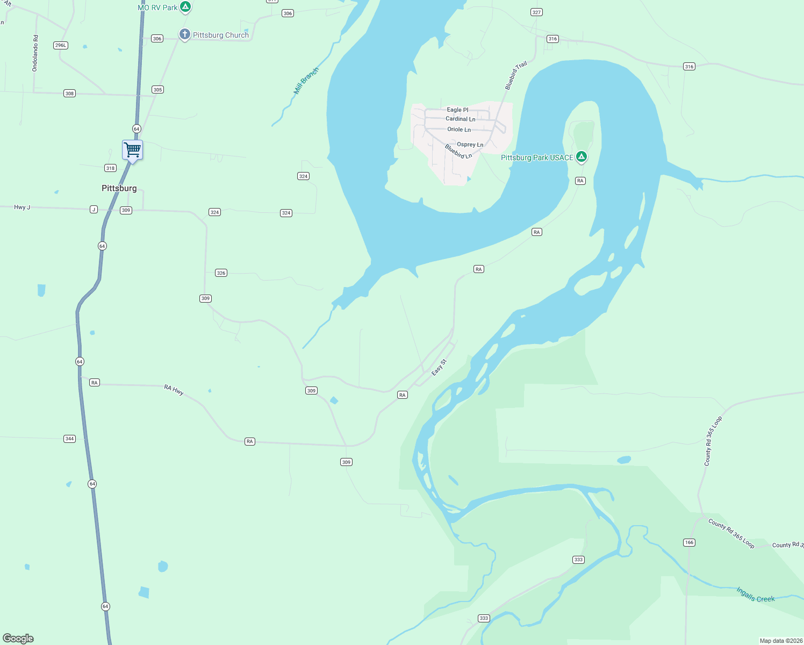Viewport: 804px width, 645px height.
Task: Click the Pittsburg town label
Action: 119,188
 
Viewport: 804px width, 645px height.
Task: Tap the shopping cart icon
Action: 132,149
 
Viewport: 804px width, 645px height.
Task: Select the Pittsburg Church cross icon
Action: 184,35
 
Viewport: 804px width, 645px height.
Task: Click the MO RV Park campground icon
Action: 185,7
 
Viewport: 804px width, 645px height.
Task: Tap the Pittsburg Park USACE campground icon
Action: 581,157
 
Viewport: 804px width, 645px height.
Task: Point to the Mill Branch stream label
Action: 306,81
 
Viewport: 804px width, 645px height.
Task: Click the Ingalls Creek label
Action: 755,594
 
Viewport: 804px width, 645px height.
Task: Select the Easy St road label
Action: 439,368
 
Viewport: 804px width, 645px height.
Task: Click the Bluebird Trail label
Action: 516,76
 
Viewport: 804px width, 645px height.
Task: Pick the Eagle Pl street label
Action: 457,110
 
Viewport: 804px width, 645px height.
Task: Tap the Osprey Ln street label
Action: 470,145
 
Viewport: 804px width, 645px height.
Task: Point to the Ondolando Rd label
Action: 35,53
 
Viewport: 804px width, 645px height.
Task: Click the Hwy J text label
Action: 22,207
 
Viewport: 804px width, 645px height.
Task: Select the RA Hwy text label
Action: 174,390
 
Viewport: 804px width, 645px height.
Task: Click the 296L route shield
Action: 61,45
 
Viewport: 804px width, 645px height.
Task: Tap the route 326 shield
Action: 221,273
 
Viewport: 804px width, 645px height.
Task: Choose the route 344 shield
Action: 69,439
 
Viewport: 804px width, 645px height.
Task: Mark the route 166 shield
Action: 689,542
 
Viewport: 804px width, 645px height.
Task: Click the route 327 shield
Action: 536,12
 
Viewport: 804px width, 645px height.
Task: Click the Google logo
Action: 18,638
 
